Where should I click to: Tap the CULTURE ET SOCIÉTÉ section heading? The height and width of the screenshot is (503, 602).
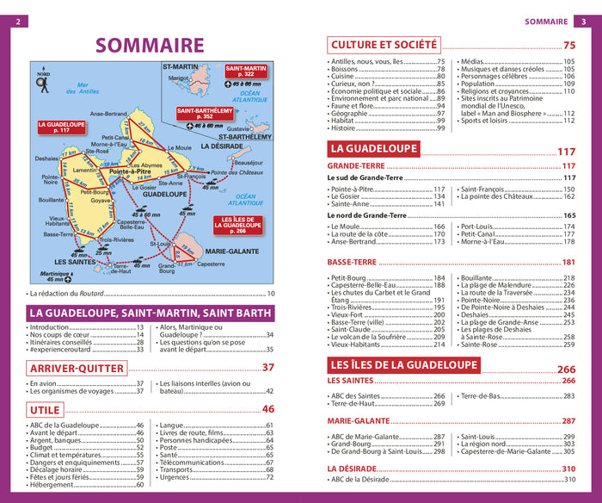point(384,45)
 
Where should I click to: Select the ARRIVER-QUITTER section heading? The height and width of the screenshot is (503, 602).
point(77,368)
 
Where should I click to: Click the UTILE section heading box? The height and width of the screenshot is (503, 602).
point(46,409)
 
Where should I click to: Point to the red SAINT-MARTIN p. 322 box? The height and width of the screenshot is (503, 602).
point(245,71)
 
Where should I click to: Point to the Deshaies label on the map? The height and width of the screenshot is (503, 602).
point(47,158)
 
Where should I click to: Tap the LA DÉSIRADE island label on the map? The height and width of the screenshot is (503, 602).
point(223,146)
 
